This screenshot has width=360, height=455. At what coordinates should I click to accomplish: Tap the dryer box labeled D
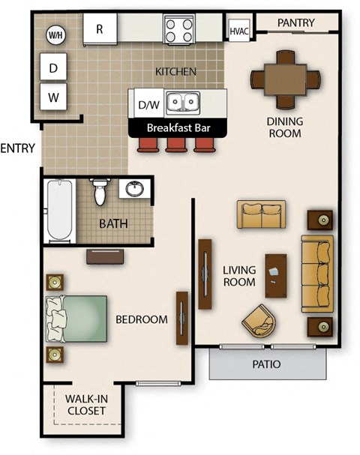pyautogui.click(x=53, y=68)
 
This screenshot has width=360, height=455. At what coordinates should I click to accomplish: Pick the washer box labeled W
pyautogui.click(x=53, y=97)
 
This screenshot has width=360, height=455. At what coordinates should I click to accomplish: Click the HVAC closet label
pyautogui.click(x=238, y=31)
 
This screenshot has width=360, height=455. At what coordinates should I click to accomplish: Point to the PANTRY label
pyautogui.click(x=295, y=23)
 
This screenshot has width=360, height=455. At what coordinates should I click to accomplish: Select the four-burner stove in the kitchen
pyautogui.click(x=180, y=30)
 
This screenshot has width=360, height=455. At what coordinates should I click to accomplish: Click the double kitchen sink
pyautogui.click(x=182, y=102)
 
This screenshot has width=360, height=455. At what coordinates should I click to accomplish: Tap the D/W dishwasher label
pyautogui.click(x=149, y=105)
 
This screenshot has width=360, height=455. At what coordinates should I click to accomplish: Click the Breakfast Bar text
pyautogui.click(x=178, y=127)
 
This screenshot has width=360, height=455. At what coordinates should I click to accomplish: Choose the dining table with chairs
pyautogui.click(x=285, y=78)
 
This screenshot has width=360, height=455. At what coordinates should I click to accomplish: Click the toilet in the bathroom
pyautogui.click(x=99, y=192)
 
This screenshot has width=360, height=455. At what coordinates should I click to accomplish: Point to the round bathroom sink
pyautogui.click(x=135, y=189)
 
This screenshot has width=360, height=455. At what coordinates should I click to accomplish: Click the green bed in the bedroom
pyautogui.click(x=76, y=319)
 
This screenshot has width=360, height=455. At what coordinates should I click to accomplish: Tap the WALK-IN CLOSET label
pyautogui.click(x=85, y=405)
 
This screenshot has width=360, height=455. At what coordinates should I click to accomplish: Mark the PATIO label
pyautogui.click(x=267, y=365)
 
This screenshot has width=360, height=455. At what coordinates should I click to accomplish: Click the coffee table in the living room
pyautogui.click(x=276, y=276)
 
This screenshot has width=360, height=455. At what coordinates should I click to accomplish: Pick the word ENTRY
pyautogui.click(x=18, y=148)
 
